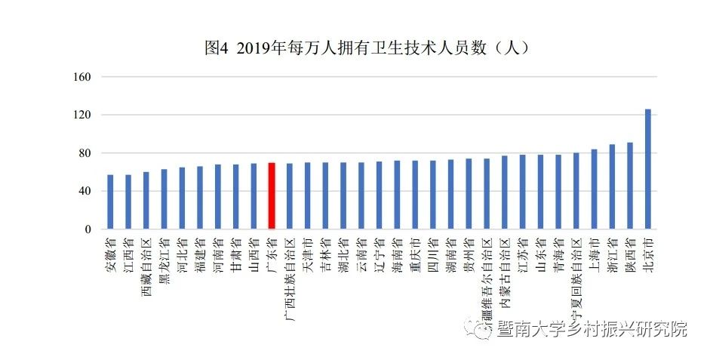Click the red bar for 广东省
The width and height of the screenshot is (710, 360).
click(x=272, y=195)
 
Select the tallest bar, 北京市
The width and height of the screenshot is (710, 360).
click(x=647, y=169)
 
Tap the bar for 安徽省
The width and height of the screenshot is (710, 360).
click(x=110, y=202)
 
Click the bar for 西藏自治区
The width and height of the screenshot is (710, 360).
click(x=146, y=200)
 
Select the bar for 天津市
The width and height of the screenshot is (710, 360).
click(x=307, y=195)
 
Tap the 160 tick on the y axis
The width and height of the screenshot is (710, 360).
click(x=83, y=77)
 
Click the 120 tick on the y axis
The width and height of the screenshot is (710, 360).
click(x=83, y=115)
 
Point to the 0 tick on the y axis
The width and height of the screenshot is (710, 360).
click(x=88, y=229)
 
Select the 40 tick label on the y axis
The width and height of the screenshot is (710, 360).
click(x=85, y=191)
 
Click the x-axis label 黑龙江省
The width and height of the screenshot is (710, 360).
click(x=164, y=260)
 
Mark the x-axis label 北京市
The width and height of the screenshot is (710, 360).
click(x=648, y=254)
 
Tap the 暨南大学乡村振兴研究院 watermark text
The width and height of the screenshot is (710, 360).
click(x=592, y=329)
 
